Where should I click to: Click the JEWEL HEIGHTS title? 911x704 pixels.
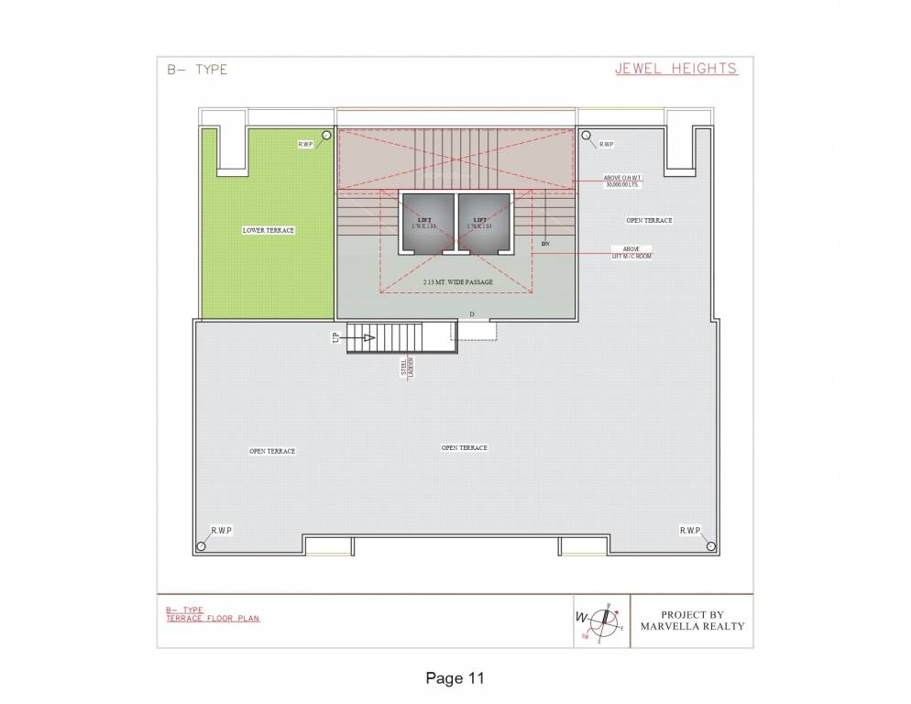coord(676,69)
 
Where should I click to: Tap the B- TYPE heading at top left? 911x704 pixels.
coord(197,70)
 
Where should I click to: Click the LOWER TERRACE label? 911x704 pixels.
coord(269,230)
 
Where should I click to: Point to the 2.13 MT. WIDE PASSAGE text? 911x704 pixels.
coord(458,281)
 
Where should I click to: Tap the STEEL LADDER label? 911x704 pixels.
coord(406,368)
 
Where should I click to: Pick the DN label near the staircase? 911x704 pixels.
coord(545,244)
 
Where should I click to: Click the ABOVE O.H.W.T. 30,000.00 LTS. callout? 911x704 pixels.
coord(621,181)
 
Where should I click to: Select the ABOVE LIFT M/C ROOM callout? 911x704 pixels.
coord(632,252)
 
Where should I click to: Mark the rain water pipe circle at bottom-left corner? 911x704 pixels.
coord(201,546)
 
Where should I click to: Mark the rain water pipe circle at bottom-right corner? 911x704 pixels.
coord(709,546)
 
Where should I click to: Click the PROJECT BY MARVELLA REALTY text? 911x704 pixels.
coord(704,621)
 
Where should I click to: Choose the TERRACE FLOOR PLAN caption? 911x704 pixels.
coord(213,619)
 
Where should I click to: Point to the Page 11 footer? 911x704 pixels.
coord(455,678)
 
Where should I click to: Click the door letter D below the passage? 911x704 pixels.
coord(472,314)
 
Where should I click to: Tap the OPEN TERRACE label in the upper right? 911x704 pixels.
coord(649,220)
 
